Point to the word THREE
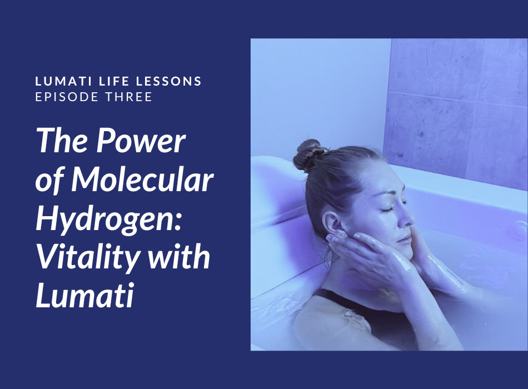point(129,97)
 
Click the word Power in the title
point(141,141)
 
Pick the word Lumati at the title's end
point(85,296)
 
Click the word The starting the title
point(63,141)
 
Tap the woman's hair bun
point(307,154)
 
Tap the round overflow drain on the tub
point(519,229)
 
